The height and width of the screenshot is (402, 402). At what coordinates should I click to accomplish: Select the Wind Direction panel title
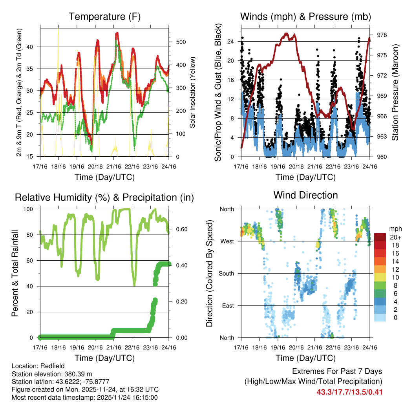(x=305, y=195)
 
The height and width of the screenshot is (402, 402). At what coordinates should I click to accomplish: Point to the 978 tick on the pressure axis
(x=382, y=35)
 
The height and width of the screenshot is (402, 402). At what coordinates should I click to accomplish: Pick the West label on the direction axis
(x=227, y=241)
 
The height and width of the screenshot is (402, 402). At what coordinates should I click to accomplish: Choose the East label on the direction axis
(x=227, y=305)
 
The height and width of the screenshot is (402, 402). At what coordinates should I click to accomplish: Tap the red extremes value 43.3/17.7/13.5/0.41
(x=349, y=392)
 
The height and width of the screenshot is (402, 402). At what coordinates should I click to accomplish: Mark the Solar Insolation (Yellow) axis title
(x=193, y=93)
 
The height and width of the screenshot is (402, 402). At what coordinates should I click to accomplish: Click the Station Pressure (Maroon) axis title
(x=395, y=93)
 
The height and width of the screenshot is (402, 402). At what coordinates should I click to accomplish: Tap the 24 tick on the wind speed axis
(x=231, y=41)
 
